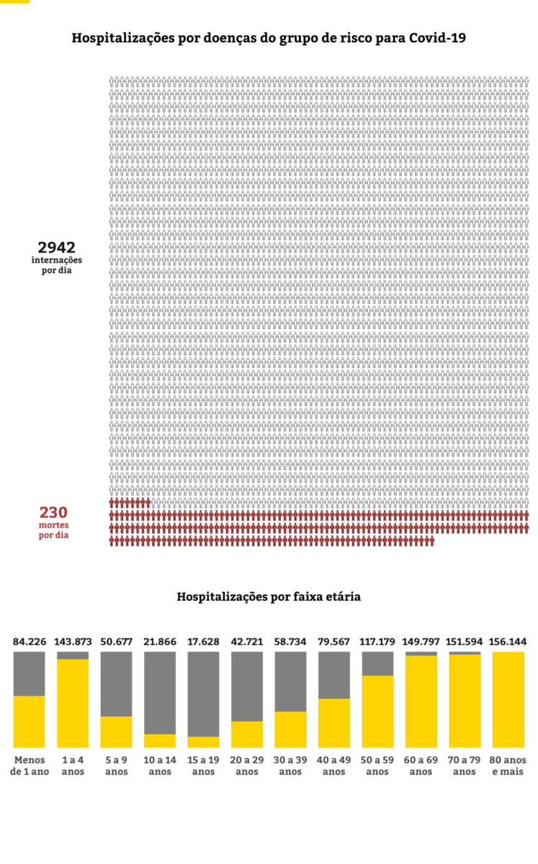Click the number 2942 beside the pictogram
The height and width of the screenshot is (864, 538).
point(57,247)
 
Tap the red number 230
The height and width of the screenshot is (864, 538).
point(53,513)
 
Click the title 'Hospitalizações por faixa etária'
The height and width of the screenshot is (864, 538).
point(269,597)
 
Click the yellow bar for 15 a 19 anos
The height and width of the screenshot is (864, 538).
point(203,742)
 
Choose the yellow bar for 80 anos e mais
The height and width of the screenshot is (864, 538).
point(508,699)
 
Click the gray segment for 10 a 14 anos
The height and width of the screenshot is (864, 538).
point(160,692)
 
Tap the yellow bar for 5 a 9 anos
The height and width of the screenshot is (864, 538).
point(116,732)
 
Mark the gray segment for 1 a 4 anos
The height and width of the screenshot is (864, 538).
point(73,655)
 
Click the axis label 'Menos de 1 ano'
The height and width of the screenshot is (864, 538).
point(30,765)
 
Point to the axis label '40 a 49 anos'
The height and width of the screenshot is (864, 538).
point(334,765)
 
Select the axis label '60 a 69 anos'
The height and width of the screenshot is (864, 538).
point(421,765)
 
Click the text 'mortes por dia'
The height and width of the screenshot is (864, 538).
point(53,531)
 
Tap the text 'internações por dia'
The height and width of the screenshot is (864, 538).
point(57,265)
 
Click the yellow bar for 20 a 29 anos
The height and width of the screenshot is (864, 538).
point(246,734)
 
